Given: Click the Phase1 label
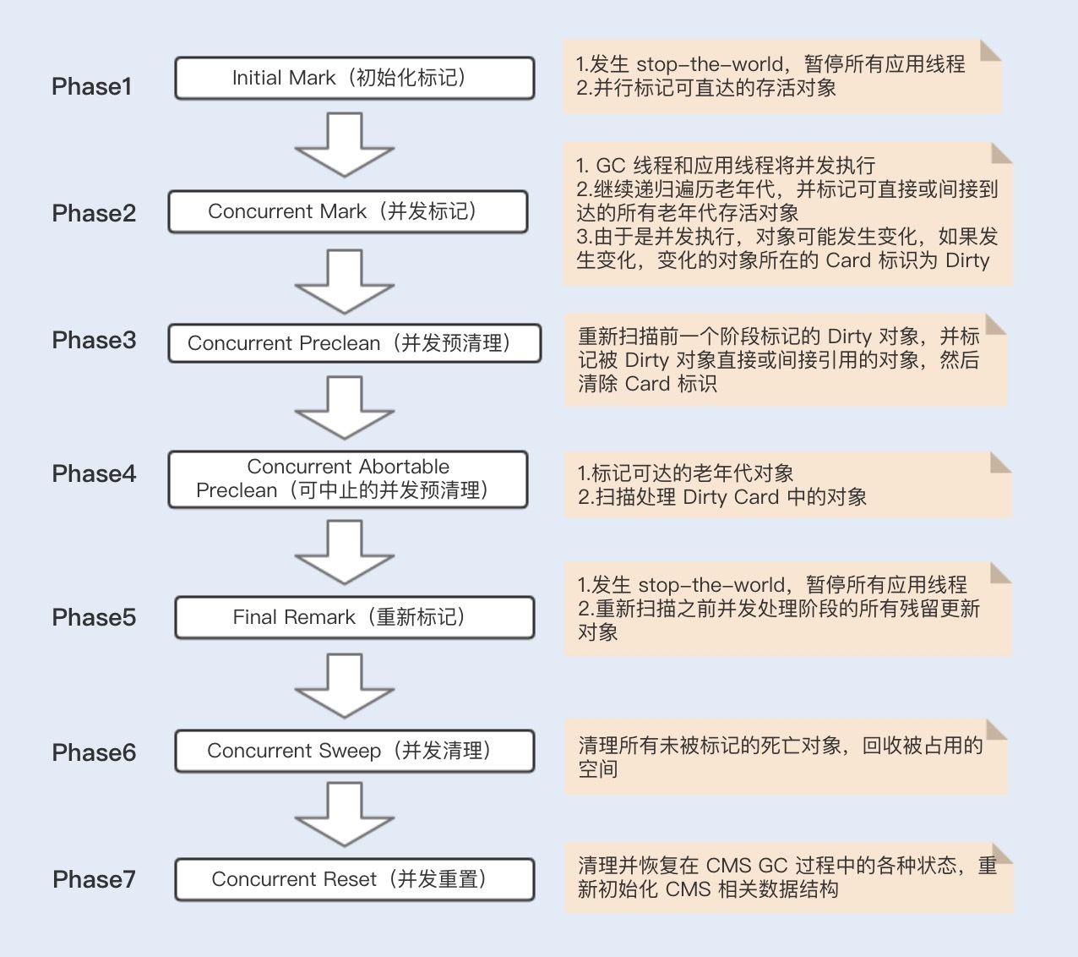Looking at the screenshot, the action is click(91, 86).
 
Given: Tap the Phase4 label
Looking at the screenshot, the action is click(94, 473).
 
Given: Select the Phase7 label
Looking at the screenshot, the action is click(94, 879).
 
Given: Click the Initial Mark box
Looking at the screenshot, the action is click(355, 78).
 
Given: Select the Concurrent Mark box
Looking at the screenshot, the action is click(349, 211).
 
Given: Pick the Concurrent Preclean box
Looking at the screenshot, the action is click(355, 343).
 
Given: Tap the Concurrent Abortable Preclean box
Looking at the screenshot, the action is click(349, 479).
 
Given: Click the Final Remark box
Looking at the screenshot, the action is click(355, 617).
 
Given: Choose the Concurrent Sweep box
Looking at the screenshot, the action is click(355, 751).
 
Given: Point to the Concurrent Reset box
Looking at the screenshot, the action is click(355, 879).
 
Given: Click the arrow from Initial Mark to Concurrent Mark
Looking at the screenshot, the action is click(345, 145).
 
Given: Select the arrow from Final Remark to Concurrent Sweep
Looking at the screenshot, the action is click(345, 686).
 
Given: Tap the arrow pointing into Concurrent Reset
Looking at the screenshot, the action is click(345, 814).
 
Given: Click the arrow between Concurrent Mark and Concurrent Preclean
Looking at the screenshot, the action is click(345, 282).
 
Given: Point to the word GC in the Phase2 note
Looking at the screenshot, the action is click(610, 166).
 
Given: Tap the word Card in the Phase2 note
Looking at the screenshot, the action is click(848, 260).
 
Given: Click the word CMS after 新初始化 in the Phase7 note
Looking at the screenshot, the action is click(689, 889).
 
